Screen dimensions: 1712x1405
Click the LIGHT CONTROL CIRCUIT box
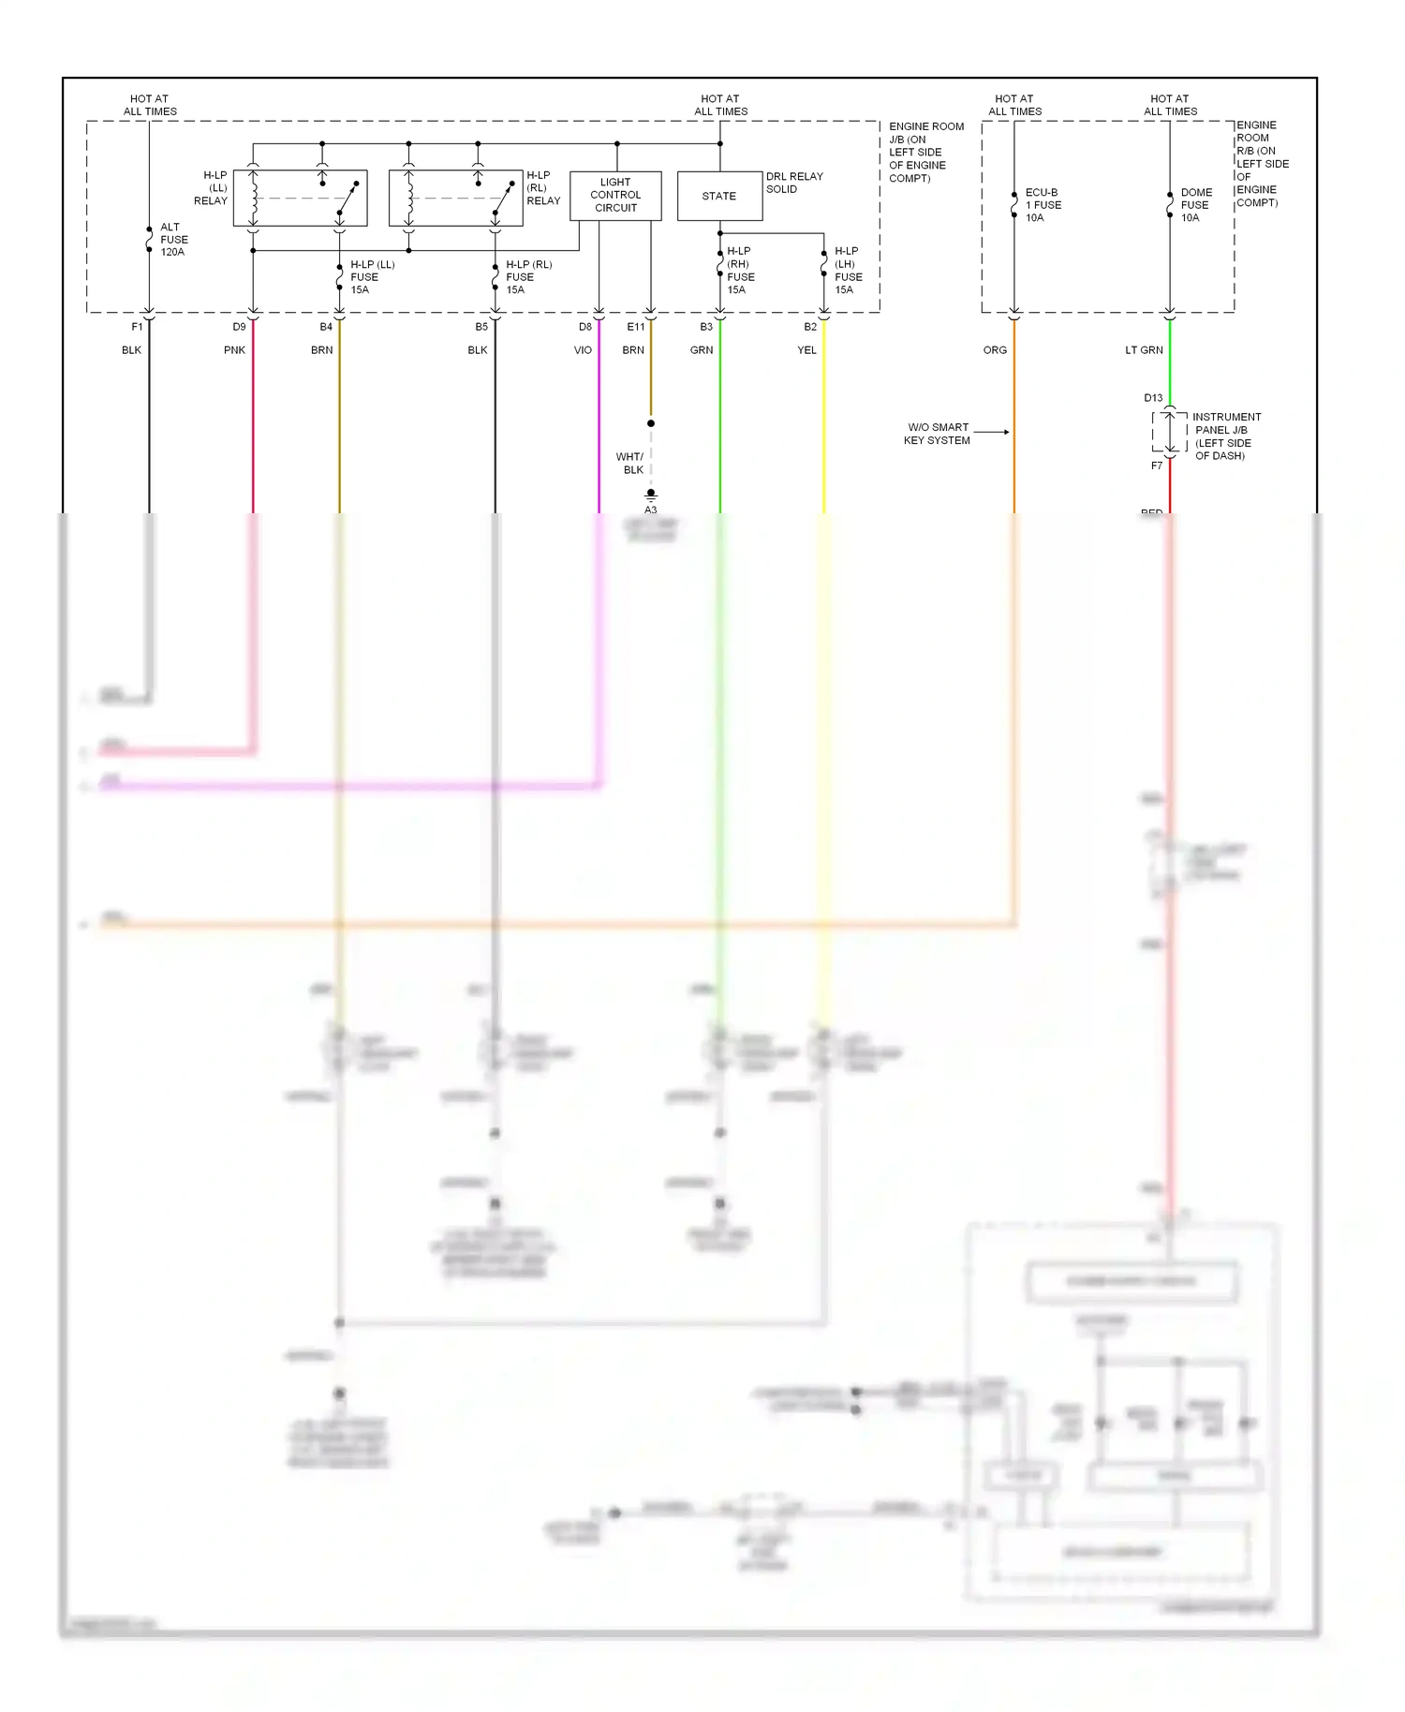(x=615, y=195)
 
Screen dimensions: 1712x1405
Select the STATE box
(x=719, y=196)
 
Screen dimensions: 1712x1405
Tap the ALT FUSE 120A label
(x=173, y=240)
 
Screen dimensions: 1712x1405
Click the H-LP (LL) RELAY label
(x=212, y=188)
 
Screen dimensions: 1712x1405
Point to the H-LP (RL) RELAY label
(x=542, y=188)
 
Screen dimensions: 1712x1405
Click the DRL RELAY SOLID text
(x=793, y=183)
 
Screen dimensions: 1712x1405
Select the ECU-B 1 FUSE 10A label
(x=1043, y=205)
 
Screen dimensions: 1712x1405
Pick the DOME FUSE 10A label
(x=1195, y=205)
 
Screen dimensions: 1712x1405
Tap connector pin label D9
(x=239, y=327)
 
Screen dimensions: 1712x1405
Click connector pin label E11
(x=635, y=327)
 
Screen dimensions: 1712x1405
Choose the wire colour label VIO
(x=583, y=350)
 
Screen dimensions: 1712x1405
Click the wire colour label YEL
(x=806, y=350)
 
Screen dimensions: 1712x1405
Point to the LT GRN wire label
(x=1144, y=350)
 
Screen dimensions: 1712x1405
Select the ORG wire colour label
(x=995, y=350)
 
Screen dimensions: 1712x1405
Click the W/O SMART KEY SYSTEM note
(x=937, y=434)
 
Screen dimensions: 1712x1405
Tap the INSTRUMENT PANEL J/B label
(x=1225, y=423)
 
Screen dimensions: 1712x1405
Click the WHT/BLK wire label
(x=629, y=464)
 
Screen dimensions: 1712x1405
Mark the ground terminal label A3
(x=650, y=510)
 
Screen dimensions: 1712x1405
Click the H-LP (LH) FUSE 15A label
(x=848, y=271)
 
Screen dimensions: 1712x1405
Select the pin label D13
(x=1153, y=398)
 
